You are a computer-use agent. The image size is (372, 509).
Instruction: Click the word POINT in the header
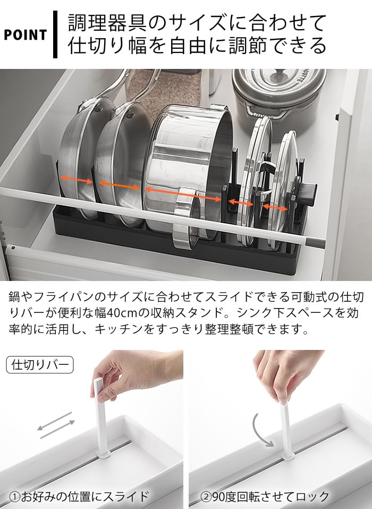point(26,35)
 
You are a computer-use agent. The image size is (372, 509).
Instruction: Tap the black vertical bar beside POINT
point(55,34)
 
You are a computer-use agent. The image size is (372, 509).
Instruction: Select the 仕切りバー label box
point(40,365)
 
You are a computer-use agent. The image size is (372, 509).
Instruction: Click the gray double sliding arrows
point(56,425)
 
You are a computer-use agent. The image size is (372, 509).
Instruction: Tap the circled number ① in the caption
point(15,497)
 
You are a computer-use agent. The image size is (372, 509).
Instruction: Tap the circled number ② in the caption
point(206,497)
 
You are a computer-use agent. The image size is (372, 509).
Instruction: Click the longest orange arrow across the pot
point(183,194)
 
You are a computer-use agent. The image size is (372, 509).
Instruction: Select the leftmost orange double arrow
point(77,180)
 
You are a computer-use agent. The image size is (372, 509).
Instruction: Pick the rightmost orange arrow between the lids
point(275,207)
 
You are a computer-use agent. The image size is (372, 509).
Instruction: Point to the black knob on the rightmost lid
point(308,194)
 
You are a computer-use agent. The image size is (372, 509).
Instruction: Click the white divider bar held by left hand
point(101,417)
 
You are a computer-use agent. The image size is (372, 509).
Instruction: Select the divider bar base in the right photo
point(288,457)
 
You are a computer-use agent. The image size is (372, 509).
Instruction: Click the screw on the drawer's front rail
point(13,248)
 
